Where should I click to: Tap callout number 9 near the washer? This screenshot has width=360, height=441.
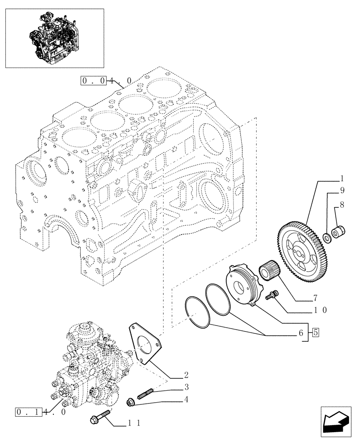tap(341, 191)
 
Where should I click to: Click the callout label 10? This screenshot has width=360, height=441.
tap(321, 310)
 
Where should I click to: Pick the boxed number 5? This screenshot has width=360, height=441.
tap(316, 333)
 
